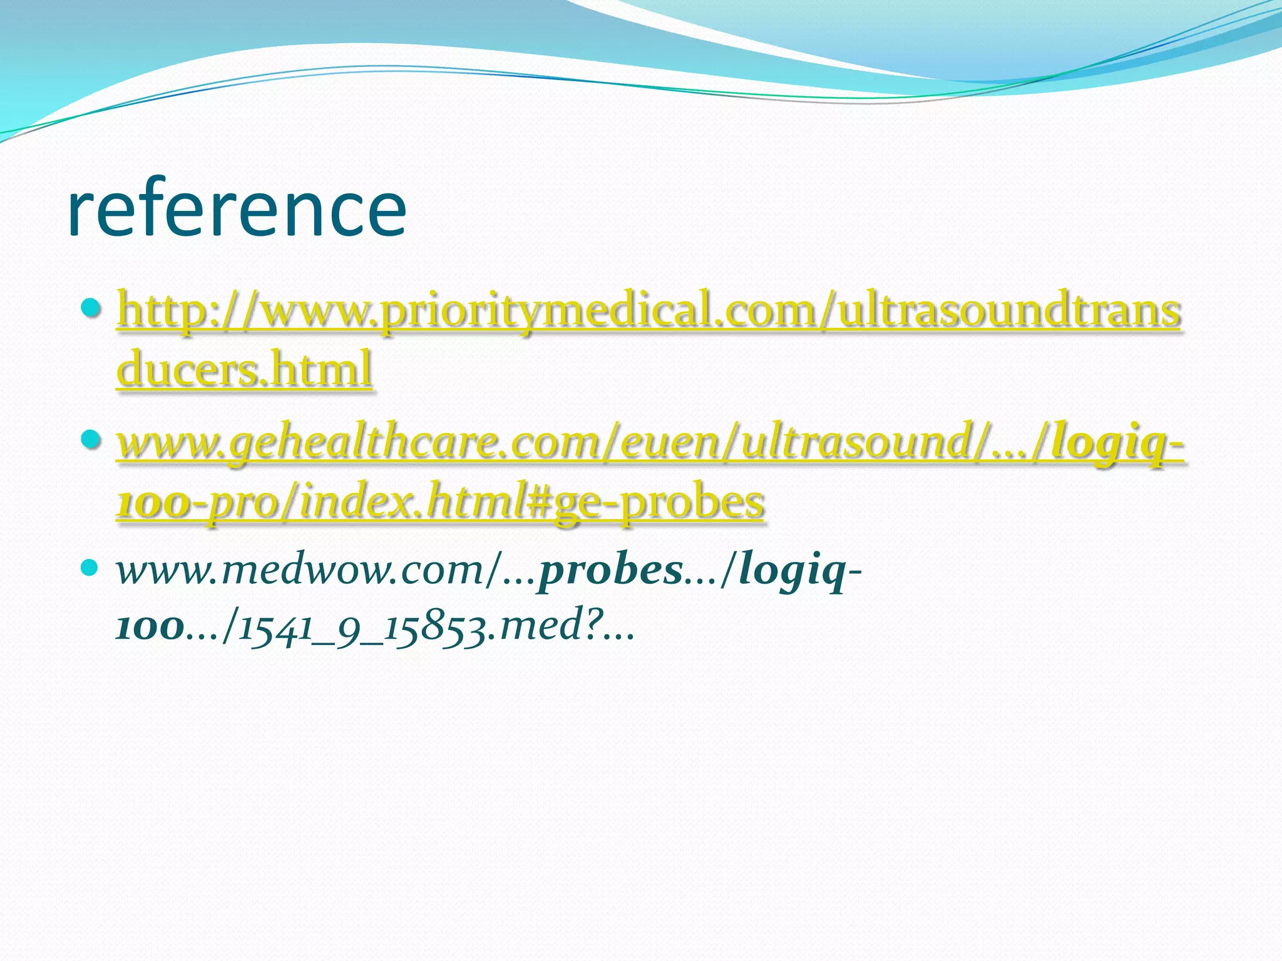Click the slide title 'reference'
[x=237, y=208]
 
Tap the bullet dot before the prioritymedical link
[x=91, y=308]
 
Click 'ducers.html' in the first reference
[x=245, y=369]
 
